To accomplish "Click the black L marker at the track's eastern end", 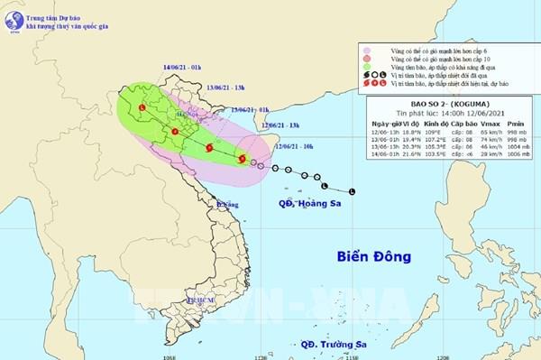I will pyautogui.click(x=352, y=191).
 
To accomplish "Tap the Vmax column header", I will pyautogui.click(x=487, y=125).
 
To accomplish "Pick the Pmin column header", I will pyautogui.click(x=517, y=125).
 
